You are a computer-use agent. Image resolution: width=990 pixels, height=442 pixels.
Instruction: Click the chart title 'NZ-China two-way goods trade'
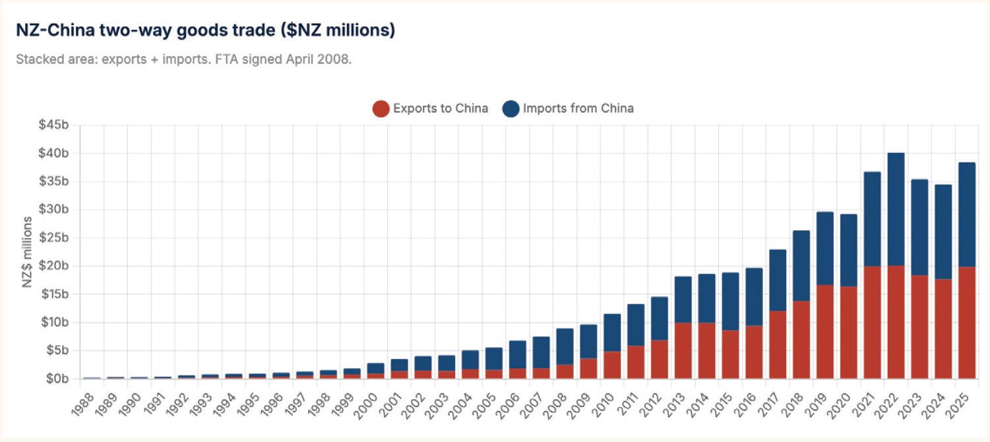(x=145, y=30)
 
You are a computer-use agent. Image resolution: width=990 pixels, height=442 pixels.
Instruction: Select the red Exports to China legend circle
(x=381, y=109)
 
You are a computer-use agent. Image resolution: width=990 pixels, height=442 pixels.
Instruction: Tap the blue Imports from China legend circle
(x=510, y=109)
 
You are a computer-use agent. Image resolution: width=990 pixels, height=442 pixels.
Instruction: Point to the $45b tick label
(x=53, y=125)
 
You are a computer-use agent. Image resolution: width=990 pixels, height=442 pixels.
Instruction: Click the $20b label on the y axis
(x=53, y=266)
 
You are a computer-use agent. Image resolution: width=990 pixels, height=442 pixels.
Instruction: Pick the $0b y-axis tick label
(x=57, y=379)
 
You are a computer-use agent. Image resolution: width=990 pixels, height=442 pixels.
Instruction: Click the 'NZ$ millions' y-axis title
(x=28, y=252)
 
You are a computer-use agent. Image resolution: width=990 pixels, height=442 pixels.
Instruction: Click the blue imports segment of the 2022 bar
(x=896, y=210)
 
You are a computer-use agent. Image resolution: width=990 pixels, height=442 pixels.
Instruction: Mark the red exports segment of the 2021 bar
(x=872, y=322)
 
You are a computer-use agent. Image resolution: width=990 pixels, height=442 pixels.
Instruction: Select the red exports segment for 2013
(x=683, y=350)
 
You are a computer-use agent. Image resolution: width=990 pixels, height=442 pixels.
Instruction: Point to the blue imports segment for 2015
(x=730, y=301)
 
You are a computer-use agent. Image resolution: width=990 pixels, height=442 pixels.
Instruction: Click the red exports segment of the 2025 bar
(x=966, y=323)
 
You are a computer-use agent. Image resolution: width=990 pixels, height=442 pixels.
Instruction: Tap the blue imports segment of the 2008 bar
(x=565, y=346)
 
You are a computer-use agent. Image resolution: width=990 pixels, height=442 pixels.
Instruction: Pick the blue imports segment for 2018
(x=801, y=266)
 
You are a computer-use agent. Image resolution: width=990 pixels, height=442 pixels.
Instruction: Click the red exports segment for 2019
(x=824, y=331)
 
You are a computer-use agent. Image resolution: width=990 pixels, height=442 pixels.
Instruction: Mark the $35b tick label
(x=53, y=181)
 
